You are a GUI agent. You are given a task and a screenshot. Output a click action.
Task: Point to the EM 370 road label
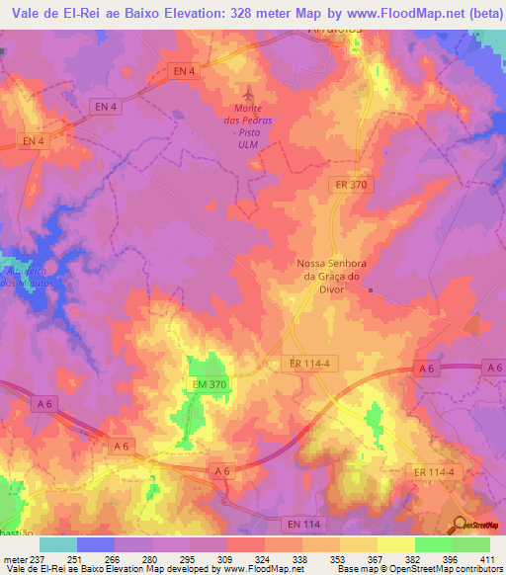[x=210, y=383]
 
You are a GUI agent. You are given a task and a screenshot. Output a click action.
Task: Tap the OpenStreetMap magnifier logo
[x=459, y=524]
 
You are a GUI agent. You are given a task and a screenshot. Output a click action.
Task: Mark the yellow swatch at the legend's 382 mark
[x=395, y=544]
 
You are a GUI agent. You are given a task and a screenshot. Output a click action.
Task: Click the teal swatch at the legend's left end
[x=58, y=544]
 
